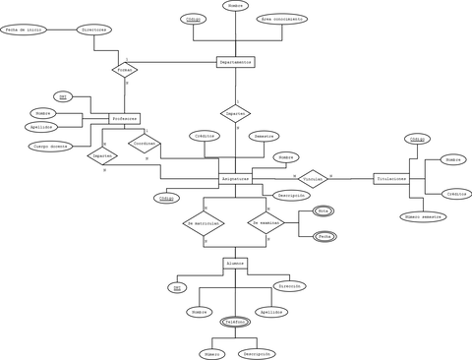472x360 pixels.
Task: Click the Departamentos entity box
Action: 235,62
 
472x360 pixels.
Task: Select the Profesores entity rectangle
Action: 125,118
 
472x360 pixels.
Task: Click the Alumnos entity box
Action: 235,264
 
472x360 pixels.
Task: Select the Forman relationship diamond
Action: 125,71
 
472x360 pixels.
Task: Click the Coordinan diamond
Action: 145,144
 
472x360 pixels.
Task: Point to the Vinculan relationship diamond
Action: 313,179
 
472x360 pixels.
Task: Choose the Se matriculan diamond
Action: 204,224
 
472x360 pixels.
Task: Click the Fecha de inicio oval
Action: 26,30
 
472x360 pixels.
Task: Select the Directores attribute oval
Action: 94,30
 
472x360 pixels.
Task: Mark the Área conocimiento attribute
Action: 282,19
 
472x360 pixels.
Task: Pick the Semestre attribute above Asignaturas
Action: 265,136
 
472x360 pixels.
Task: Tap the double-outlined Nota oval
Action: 324,211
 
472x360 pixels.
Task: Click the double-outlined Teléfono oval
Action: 235,322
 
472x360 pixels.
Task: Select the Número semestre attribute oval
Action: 423,216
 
